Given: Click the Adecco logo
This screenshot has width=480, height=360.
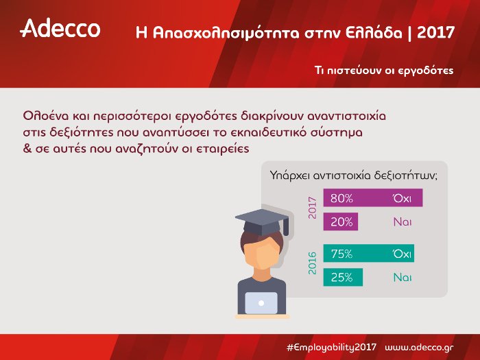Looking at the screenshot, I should [60, 28].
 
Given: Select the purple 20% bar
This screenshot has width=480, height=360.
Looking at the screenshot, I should [341, 222].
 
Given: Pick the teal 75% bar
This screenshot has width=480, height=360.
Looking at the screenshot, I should [368, 254].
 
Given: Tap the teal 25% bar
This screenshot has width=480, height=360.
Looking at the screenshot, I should [341, 278].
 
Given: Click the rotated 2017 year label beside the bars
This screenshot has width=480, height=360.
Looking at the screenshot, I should [313, 207].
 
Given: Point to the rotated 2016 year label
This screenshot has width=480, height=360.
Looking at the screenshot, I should [313, 263].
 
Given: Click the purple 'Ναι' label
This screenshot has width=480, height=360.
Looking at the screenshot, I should [402, 222].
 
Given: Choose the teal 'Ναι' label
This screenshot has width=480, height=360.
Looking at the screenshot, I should [402, 278].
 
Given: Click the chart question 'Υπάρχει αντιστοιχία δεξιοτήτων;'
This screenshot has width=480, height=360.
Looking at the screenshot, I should [354, 176].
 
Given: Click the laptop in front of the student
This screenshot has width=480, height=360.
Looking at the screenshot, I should [261, 302].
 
